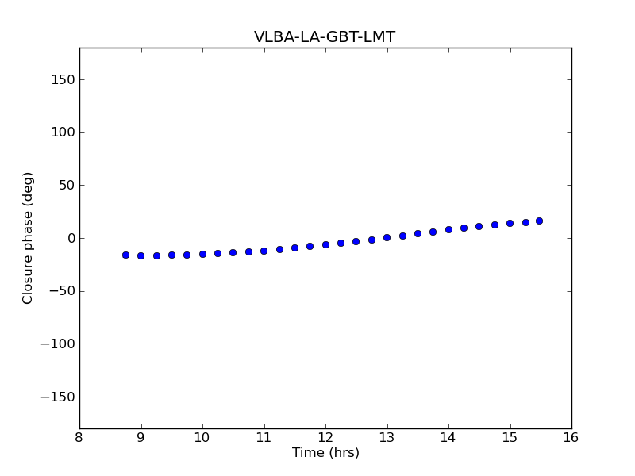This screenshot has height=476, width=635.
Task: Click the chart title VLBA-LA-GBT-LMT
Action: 325,37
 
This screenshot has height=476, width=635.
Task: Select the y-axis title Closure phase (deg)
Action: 29,238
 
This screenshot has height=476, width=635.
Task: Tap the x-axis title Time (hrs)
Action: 325,453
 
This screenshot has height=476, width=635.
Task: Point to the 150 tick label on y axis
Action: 62,79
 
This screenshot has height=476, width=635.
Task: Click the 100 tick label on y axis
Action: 62,132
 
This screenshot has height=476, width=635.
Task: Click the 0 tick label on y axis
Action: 71,238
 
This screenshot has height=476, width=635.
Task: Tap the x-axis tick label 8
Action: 79,437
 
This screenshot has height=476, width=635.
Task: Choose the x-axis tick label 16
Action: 571,437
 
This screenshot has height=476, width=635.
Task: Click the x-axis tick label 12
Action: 325,437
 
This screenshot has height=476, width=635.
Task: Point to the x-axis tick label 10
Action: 202,437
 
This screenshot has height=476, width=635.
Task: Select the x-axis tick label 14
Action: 448,437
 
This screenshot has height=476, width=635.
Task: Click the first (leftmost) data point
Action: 125,255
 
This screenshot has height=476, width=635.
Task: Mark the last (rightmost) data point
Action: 539,221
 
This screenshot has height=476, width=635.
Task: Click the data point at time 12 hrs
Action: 325,244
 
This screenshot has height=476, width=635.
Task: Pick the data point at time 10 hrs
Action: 202,254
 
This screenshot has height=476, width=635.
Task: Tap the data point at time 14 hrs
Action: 448,229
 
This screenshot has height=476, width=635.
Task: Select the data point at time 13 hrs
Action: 387,237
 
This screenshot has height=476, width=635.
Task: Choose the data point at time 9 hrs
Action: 140,255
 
